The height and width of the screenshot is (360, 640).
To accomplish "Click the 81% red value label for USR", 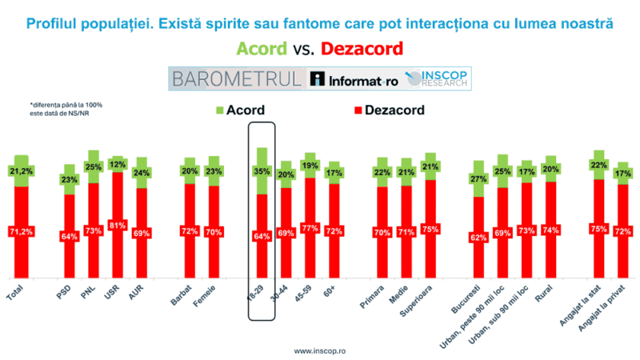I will click(118, 225).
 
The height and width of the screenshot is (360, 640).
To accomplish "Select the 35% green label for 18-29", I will click(261, 170).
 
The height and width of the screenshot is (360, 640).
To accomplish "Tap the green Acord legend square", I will click(221, 110).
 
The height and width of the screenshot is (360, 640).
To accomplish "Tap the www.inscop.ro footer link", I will click(320, 350).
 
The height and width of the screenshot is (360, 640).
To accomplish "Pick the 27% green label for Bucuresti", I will click(478, 179).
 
